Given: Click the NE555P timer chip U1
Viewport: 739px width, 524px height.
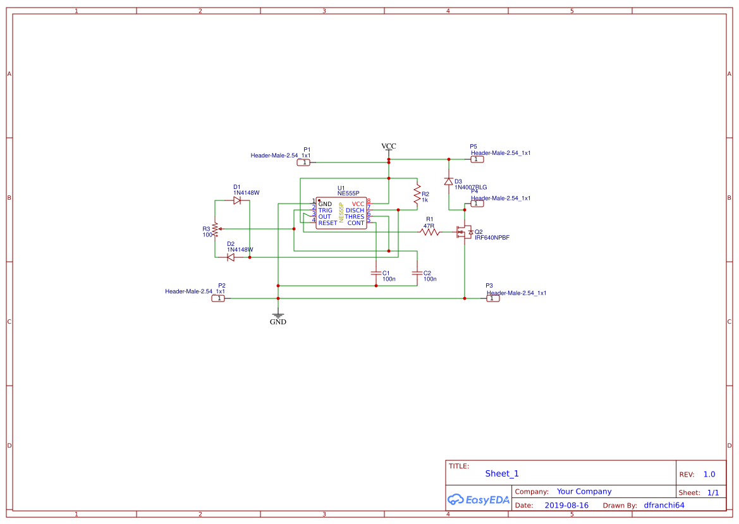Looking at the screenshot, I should pyautogui.click(x=341, y=214).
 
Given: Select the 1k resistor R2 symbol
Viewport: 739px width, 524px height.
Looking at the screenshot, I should pyautogui.click(x=417, y=195).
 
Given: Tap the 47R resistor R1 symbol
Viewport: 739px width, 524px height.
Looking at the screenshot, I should pyautogui.click(x=430, y=232).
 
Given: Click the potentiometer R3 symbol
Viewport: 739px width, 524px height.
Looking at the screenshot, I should pyautogui.click(x=215, y=229).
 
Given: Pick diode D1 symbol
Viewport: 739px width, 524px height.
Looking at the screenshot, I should pyautogui.click(x=237, y=200).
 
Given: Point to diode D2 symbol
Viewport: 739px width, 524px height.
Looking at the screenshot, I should pyautogui.click(x=231, y=257).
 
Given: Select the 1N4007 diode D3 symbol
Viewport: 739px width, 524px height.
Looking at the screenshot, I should pyautogui.click(x=448, y=182).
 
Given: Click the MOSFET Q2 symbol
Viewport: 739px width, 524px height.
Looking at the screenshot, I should pyautogui.click(x=465, y=232).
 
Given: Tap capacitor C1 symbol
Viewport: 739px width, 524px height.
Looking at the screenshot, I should pyautogui.click(x=376, y=273).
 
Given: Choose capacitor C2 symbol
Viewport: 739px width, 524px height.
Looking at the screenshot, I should pyautogui.click(x=416, y=273).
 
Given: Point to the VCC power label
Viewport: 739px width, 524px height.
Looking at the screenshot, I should pyautogui.click(x=388, y=147).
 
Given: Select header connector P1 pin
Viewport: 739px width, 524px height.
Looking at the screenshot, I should pyautogui.click(x=304, y=162).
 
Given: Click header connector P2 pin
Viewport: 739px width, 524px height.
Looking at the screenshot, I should pyautogui.click(x=218, y=298).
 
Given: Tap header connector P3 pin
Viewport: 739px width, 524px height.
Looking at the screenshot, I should pyautogui.click(x=492, y=298).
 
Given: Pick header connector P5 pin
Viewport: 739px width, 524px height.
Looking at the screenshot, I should pyautogui.click(x=477, y=159).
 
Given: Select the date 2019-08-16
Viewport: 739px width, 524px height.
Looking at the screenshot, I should pyautogui.click(x=566, y=505).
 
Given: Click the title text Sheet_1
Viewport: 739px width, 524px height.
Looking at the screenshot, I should pyautogui.click(x=502, y=473).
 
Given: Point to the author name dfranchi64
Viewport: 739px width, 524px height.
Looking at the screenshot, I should pyautogui.click(x=664, y=505).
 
